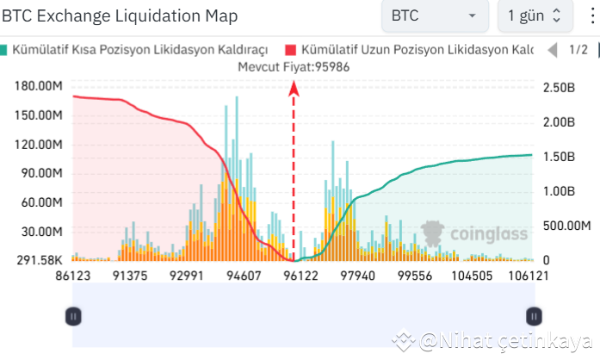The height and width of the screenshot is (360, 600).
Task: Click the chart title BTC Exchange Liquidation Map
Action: click(x=121, y=16)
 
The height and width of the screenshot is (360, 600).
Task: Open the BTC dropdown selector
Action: click(x=435, y=16)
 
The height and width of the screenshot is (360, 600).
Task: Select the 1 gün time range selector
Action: click(x=534, y=16)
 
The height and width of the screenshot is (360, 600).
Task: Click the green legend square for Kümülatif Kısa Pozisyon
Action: click(x=5, y=50)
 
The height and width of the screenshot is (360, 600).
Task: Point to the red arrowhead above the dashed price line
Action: click(x=294, y=86)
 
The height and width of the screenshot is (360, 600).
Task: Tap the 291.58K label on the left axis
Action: click(x=40, y=260)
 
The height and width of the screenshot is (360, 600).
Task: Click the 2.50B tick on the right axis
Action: click(x=559, y=86)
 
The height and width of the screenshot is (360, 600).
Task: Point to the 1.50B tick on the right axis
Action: click(x=559, y=156)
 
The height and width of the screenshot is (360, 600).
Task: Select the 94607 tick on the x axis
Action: click(x=243, y=276)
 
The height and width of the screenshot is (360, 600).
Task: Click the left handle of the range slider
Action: click(x=73, y=316)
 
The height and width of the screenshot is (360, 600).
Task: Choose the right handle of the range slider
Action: click(x=534, y=316)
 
